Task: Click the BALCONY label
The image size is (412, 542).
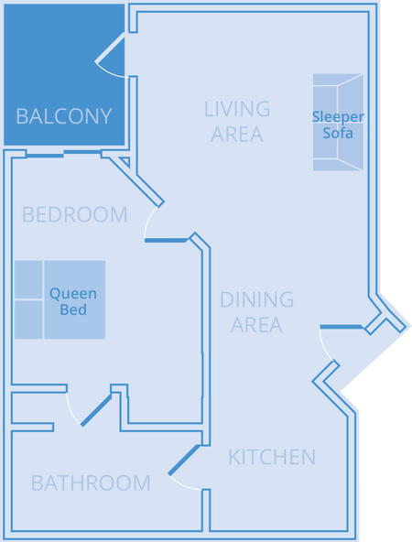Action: point(64,116)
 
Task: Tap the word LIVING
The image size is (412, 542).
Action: point(237,109)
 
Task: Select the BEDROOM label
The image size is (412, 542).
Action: point(75,214)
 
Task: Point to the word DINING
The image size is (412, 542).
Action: point(256,299)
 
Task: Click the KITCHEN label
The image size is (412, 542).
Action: point(272,458)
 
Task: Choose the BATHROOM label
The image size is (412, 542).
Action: point(91,482)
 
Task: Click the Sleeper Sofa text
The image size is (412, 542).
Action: point(338,125)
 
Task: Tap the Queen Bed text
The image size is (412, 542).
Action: point(73,301)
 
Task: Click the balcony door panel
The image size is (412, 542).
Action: point(110,48)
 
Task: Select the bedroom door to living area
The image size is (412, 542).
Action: point(166,240)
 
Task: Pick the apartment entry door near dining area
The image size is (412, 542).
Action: point(342,327)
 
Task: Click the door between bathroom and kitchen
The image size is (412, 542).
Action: point(184,461)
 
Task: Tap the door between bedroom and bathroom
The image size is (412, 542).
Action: point(96,410)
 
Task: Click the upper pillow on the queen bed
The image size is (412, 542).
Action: point(28,279)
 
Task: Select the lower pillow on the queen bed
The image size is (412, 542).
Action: point(28,320)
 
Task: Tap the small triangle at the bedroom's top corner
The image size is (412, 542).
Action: point(125,161)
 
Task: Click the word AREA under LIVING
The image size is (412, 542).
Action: point(237,135)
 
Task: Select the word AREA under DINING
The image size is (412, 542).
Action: point(256,325)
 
